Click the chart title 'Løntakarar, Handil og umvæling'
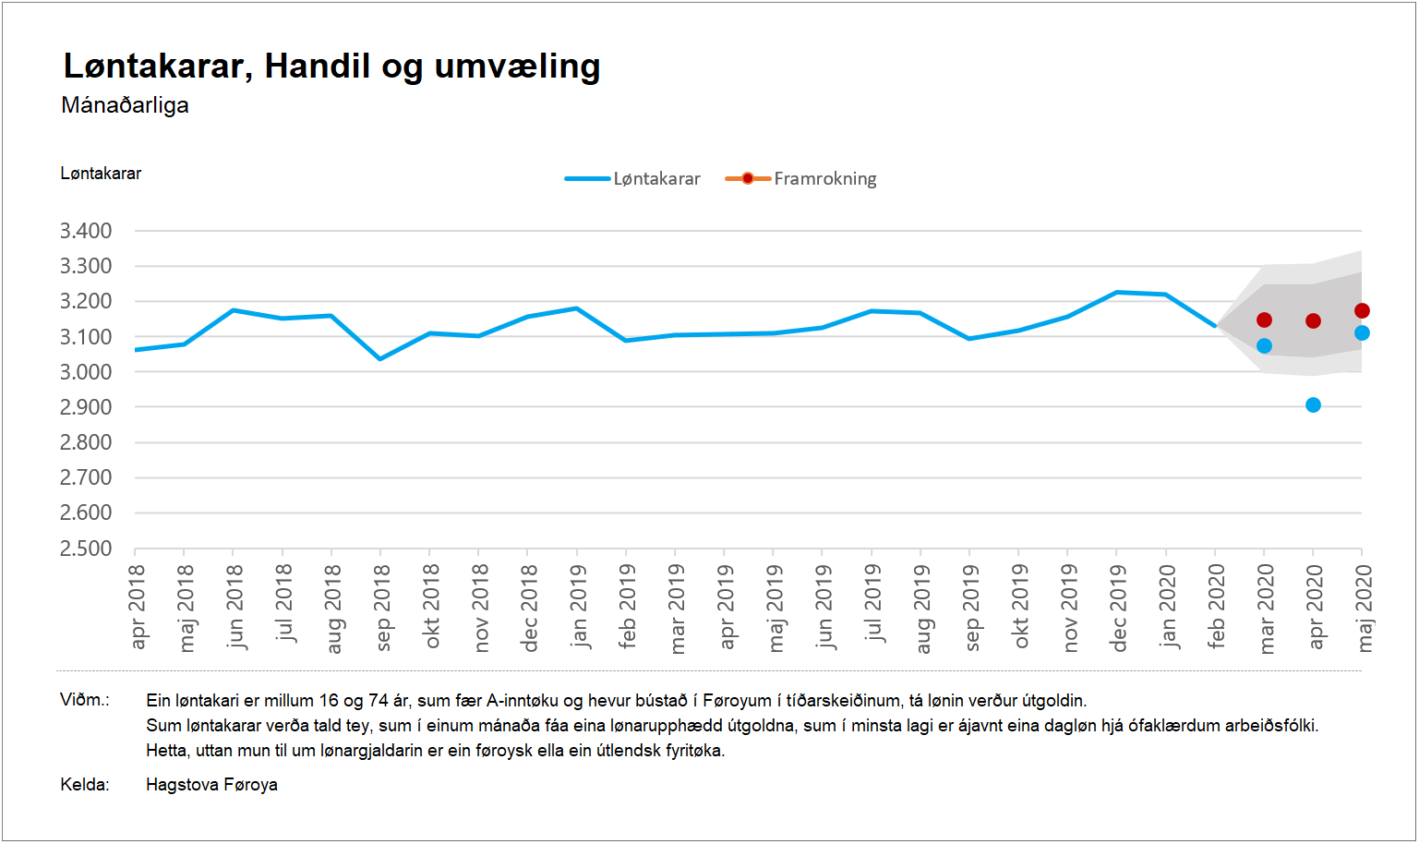(x=331, y=66)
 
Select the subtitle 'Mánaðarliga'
(x=125, y=105)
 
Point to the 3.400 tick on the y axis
(x=86, y=231)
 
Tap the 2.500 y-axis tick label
(x=86, y=549)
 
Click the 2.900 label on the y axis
(x=86, y=407)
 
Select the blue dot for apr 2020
(x=1313, y=405)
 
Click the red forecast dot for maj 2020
(x=1362, y=311)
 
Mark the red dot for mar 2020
(x=1264, y=320)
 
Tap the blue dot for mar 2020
(x=1264, y=346)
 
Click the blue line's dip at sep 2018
(x=380, y=358)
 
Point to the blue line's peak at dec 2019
(x=1117, y=293)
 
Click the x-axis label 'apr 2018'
(x=138, y=607)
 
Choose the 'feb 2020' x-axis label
(x=1216, y=607)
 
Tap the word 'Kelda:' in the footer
(x=85, y=785)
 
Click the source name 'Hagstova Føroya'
(x=211, y=785)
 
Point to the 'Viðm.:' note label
(x=85, y=700)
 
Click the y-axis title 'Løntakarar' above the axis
(x=101, y=174)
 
